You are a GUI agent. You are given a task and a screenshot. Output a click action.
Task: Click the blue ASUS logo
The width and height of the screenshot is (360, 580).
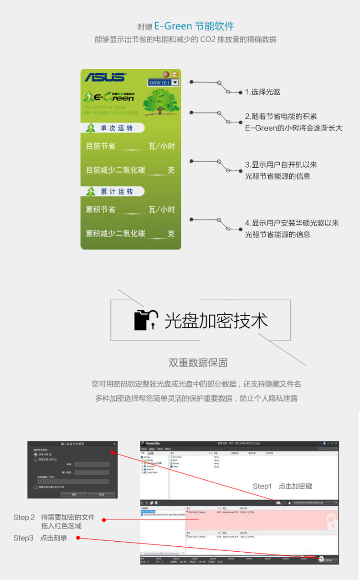pyautogui.click(x=105, y=77)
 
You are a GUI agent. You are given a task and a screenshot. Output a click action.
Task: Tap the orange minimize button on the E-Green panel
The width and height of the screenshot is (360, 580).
pyautogui.click(x=166, y=74)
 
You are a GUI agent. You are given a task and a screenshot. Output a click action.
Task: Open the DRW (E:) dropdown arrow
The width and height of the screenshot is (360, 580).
pyautogui.click(x=175, y=82)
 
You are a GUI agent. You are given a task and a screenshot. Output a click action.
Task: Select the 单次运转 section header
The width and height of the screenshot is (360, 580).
pyautogui.click(x=117, y=128)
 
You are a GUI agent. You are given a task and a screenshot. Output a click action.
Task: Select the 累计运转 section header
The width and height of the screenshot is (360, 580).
pyautogui.click(x=117, y=191)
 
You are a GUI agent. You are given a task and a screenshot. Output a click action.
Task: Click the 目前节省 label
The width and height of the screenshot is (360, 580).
pyautogui.click(x=101, y=146)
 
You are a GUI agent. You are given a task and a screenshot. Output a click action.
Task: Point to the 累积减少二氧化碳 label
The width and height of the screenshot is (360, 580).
pyautogui.click(x=116, y=234)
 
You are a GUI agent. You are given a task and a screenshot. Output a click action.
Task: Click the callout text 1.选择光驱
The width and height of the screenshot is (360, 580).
pyautogui.click(x=262, y=92)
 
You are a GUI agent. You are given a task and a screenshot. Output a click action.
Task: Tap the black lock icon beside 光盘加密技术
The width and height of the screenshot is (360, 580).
pyautogui.click(x=145, y=320)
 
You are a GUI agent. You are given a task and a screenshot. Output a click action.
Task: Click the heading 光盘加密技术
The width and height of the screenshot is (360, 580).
pyautogui.click(x=216, y=321)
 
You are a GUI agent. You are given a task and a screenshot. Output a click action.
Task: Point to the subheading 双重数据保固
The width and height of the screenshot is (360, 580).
pyautogui.click(x=198, y=363)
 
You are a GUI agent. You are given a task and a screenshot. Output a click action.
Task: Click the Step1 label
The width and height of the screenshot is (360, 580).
pyautogui.click(x=262, y=487)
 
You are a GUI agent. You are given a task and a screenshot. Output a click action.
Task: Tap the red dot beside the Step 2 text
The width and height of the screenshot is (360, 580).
pyautogui.click(x=104, y=520)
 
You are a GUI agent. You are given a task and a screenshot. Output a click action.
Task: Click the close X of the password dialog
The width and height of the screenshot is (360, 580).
pyautogui.click(x=114, y=444)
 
